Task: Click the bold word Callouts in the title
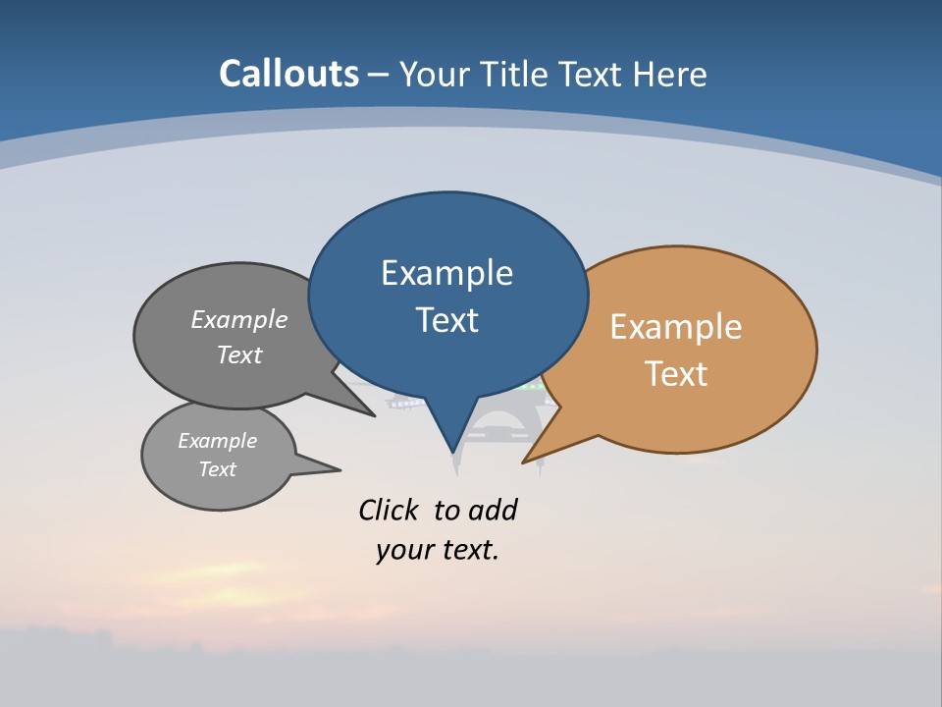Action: point(288,74)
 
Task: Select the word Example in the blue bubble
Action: point(446,273)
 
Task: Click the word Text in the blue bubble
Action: point(446,320)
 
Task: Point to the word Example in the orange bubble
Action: point(676,327)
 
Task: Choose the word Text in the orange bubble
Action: point(676,374)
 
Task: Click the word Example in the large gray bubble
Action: point(239,320)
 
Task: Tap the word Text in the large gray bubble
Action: point(239,354)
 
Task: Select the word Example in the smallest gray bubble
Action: point(217,441)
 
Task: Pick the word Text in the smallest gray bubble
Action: point(217,469)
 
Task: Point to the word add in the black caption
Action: point(493,510)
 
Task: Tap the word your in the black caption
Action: point(403,550)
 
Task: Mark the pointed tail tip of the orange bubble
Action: point(524,462)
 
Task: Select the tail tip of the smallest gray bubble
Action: point(339,469)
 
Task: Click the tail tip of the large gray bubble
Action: point(374,415)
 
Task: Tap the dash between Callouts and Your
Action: point(379,75)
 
